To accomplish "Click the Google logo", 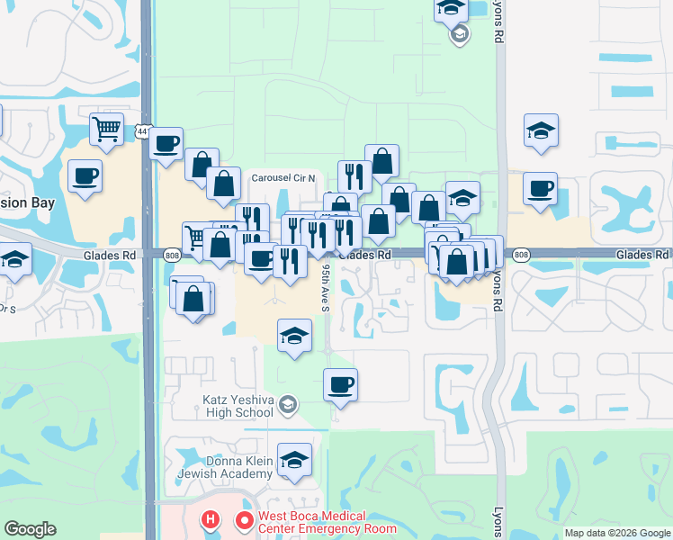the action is [x=31, y=529].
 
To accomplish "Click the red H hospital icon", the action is [x=211, y=520].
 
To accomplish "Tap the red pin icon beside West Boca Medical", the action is [x=242, y=521].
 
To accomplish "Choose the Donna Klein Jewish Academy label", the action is [x=226, y=467].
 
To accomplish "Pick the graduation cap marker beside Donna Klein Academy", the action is [x=294, y=461].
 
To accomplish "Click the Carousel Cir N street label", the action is [x=283, y=177].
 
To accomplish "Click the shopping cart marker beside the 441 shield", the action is [x=106, y=130].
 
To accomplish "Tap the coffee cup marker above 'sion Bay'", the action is [x=85, y=176].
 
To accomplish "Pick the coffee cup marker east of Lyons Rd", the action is [x=540, y=189].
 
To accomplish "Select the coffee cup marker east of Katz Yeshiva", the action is [x=341, y=385].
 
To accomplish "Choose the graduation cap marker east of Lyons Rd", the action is [x=542, y=130].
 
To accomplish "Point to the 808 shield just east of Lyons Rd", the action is [x=520, y=256].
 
